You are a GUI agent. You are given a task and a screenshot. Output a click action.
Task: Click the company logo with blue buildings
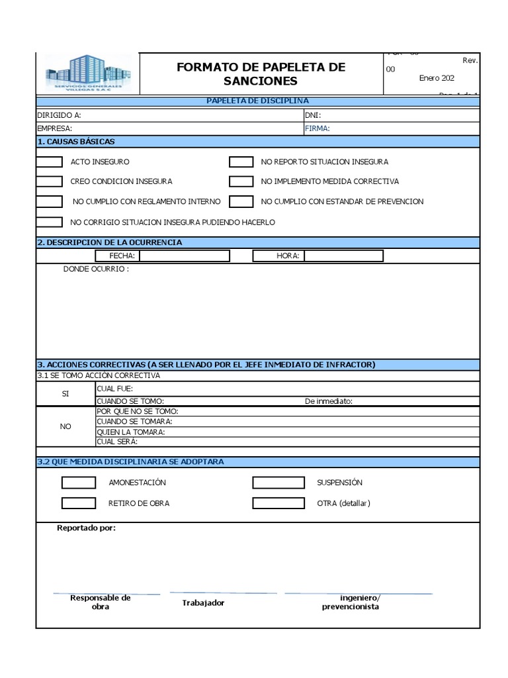[88, 74]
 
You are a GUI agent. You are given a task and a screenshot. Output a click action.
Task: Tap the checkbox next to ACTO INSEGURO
[49, 162]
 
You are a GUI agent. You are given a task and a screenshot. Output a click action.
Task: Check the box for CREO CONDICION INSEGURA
[49, 181]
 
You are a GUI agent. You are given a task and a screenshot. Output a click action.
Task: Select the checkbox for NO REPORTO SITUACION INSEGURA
[241, 162]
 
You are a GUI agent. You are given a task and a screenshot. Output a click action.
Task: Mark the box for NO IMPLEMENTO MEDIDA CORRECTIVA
[241, 181]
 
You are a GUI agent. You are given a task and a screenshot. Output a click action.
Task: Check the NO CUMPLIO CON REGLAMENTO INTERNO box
[49, 201]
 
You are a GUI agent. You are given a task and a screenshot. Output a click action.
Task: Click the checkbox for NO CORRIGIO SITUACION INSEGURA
[49, 222]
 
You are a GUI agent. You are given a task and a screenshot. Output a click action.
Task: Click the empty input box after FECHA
[185, 256]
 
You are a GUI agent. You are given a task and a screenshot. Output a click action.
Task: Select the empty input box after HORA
[343, 256]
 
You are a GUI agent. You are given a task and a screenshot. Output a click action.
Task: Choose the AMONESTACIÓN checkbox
[79, 483]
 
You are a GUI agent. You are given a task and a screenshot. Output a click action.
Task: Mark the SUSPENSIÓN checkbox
[278, 483]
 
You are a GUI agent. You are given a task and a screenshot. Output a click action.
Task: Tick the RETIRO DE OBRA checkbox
[79, 503]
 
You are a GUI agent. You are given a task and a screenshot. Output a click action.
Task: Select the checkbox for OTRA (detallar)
[278, 503]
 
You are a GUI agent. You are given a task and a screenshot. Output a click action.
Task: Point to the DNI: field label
[313, 115]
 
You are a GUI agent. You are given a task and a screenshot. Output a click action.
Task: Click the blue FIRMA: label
[317, 128]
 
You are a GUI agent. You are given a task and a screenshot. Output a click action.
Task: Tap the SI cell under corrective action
[65, 393]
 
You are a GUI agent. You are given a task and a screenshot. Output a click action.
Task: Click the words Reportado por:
[86, 528]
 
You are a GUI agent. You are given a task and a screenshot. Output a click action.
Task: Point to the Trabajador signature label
[203, 603]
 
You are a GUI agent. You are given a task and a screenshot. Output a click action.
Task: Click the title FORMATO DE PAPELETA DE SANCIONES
[261, 74]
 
